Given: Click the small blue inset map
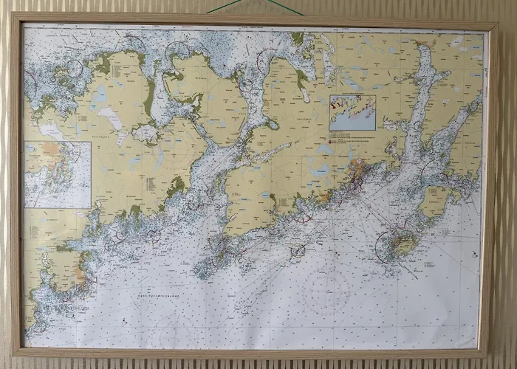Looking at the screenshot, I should coord(352,112).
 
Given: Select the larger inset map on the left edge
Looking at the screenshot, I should coord(57,174).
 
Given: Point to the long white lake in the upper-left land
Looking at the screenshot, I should coord(109,117).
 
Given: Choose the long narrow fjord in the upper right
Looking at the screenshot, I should coord(421,103).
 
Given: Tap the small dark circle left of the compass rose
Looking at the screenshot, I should coord(298,251).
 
